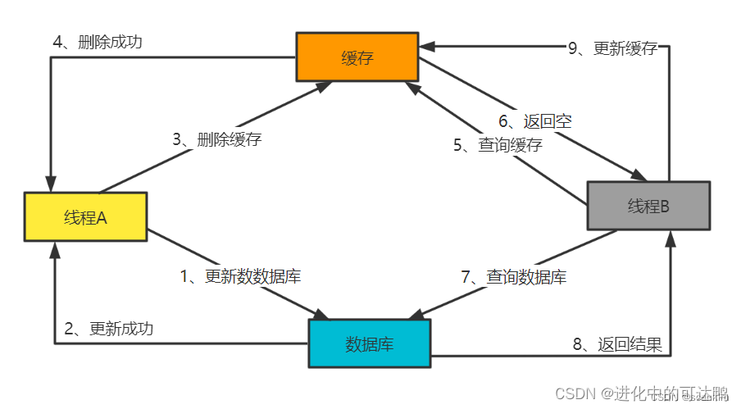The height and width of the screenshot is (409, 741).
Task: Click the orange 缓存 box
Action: [357, 57]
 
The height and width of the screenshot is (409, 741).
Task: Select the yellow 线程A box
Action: [85, 217]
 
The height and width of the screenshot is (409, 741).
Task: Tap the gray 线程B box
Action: [648, 206]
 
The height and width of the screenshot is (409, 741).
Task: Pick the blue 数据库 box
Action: [369, 343]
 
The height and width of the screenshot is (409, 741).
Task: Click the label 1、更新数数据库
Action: [240, 276]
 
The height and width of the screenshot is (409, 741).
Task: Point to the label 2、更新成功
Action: [108, 329]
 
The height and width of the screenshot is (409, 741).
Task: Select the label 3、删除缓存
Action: [216, 139]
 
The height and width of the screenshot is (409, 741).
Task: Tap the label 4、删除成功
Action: [97, 41]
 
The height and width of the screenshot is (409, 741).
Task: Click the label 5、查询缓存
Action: [498, 146]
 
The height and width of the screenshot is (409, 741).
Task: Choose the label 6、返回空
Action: [535, 121]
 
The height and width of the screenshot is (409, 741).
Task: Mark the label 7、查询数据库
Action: [513, 277]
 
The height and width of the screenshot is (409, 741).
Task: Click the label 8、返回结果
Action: [616, 343]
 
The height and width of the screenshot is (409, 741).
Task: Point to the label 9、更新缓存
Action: [612, 48]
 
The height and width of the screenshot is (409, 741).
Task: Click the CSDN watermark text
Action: [642, 393]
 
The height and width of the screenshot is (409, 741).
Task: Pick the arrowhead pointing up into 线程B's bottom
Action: [671, 239]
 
